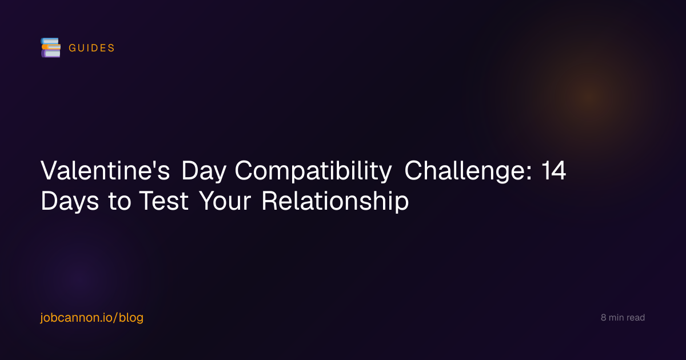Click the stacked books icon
50,48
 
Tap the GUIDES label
91,48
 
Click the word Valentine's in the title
105,170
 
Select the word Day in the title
204,171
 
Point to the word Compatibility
313,171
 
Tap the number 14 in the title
554,170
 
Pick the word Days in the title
70,201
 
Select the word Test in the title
164,201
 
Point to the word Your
225,201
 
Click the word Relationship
336,201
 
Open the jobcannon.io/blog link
92,318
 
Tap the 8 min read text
623,318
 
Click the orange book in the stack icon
51,47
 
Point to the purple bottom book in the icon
51,54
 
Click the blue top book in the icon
50,41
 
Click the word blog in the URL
131,318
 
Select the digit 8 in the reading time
603,318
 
